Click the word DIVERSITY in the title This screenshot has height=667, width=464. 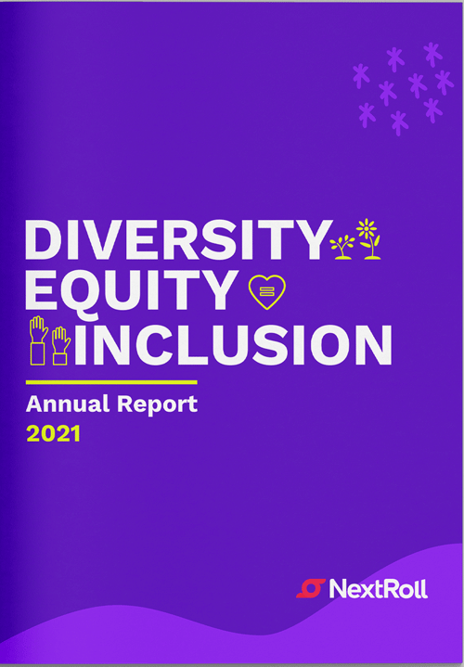coord(179,239)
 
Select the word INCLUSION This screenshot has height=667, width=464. coord(233,345)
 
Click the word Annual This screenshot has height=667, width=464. coord(68,404)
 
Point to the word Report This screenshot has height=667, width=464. coord(158,404)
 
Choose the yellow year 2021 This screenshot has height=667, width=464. coord(53,434)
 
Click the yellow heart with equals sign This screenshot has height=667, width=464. coord(267,292)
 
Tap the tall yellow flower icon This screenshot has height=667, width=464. coord(368,238)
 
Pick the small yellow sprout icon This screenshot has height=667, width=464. coord(342,247)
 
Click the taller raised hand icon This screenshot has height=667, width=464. coord(38,340)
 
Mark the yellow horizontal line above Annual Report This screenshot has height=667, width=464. coord(111,382)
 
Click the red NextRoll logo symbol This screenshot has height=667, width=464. coord(311,589)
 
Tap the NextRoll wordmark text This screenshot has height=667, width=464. coord(378,589)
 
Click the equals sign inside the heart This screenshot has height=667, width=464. coord(266,291)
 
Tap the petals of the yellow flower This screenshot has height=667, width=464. coord(367,228)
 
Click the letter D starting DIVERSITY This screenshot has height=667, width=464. coord(44,239)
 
